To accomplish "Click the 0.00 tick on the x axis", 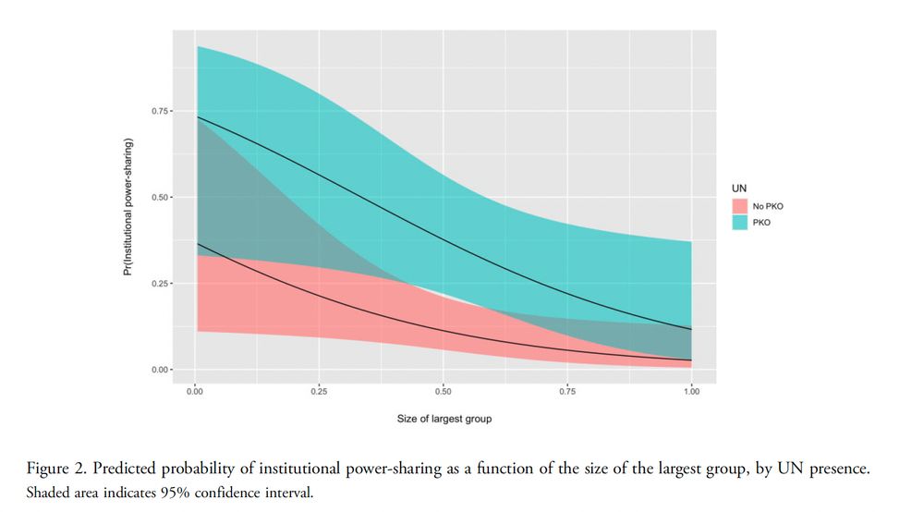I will point(195,392).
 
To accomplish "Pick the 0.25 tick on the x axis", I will point(319,392).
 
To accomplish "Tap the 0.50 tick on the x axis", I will point(443,392).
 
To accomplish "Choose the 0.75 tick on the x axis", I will point(567,392).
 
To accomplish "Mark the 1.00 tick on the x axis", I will point(691,392).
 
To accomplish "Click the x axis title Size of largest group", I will point(444,419).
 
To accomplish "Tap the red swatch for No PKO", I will point(739,206).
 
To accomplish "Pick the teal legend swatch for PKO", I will point(739,223).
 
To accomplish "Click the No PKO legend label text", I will point(768,206).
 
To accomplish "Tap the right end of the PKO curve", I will point(690,329).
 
